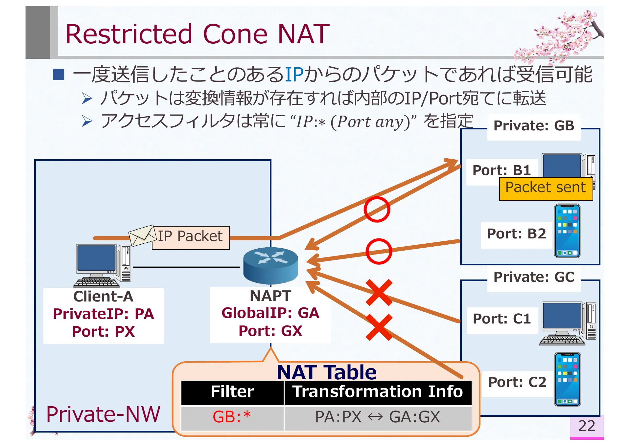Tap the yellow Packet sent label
coord(546,188)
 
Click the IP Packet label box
coord(191,237)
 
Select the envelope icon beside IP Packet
coord(142,235)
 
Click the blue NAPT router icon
coord(270,265)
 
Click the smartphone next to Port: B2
coord(567,231)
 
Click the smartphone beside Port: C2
coord(567,379)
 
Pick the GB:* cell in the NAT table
coord(232,417)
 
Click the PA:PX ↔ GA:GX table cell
coord(377,417)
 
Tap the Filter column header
coord(232,392)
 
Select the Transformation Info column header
coord(377,392)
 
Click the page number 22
coord(587,426)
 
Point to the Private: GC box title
coord(534,278)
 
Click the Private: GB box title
coord(534,126)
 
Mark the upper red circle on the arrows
coord(377,210)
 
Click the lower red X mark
coord(379,327)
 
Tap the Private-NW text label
coord(103,414)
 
